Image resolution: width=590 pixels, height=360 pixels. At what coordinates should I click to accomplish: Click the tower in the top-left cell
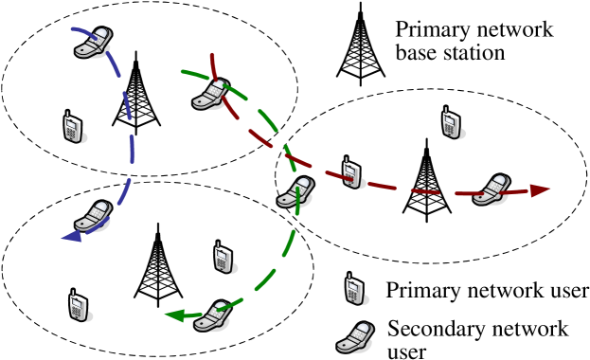[x=135, y=95]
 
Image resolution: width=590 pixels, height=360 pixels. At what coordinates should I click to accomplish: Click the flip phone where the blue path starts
[x=93, y=43]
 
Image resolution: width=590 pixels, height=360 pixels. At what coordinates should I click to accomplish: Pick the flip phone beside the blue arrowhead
[x=93, y=216]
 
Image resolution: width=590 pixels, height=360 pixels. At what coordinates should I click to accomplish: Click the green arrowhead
[x=174, y=315]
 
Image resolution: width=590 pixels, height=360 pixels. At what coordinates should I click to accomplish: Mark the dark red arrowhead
[x=540, y=190]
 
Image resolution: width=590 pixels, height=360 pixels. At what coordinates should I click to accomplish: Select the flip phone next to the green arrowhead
[x=213, y=315]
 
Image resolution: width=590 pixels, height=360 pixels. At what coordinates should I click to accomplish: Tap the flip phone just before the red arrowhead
[x=492, y=189]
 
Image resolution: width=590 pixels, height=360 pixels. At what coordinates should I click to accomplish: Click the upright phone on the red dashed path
[x=351, y=172]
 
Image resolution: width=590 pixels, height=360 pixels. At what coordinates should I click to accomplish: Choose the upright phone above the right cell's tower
[x=451, y=122]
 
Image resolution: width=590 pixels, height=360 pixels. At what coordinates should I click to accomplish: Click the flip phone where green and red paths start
[x=211, y=94]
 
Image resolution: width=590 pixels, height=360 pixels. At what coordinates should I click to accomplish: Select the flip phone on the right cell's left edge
[x=296, y=191]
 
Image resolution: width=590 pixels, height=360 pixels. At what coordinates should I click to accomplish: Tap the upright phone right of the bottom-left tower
[x=223, y=257]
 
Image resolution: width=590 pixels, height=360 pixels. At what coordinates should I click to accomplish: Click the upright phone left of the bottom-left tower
[x=78, y=305]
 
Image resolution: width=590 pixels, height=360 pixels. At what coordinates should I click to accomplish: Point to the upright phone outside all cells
[x=355, y=289]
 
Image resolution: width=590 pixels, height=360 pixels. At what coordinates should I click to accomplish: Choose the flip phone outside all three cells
[x=355, y=338]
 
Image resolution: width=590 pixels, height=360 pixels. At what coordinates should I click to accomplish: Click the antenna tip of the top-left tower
[x=135, y=53]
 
